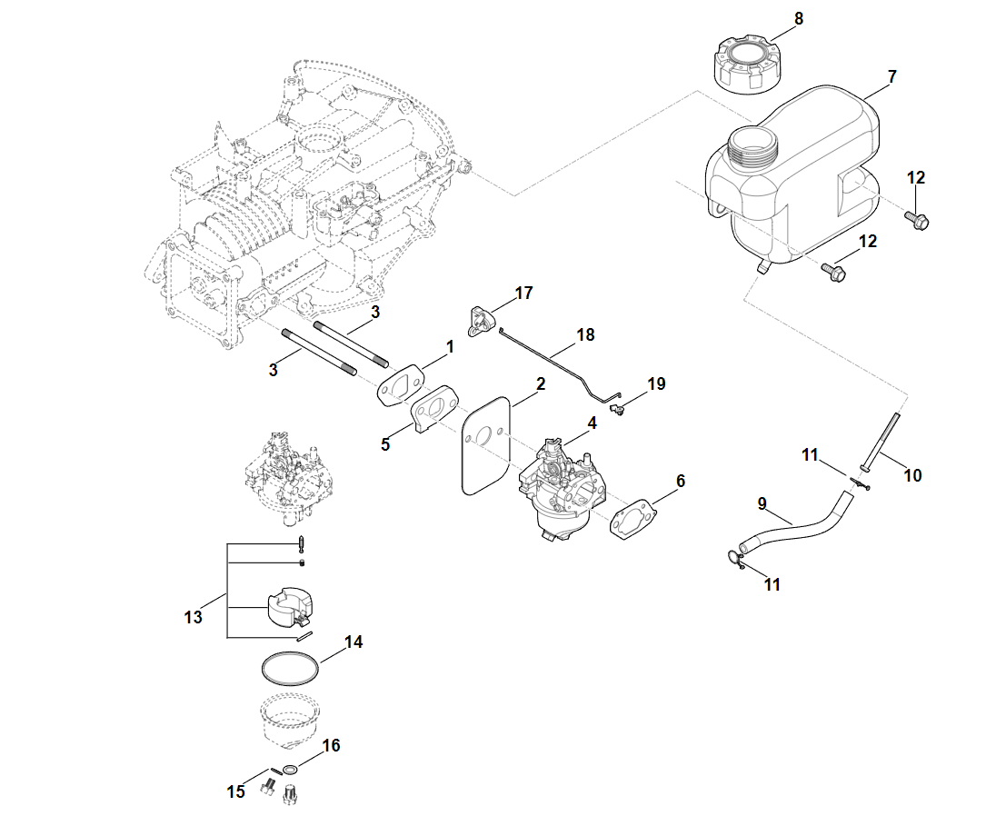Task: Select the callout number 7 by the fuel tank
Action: point(891,77)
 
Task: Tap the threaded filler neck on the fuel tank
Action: point(753,146)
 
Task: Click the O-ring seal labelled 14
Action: point(290,667)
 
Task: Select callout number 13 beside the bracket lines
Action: point(193,618)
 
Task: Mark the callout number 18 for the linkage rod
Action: point(585,334)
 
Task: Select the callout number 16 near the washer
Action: point(331,745)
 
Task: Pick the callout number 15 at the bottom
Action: point(235,791)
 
